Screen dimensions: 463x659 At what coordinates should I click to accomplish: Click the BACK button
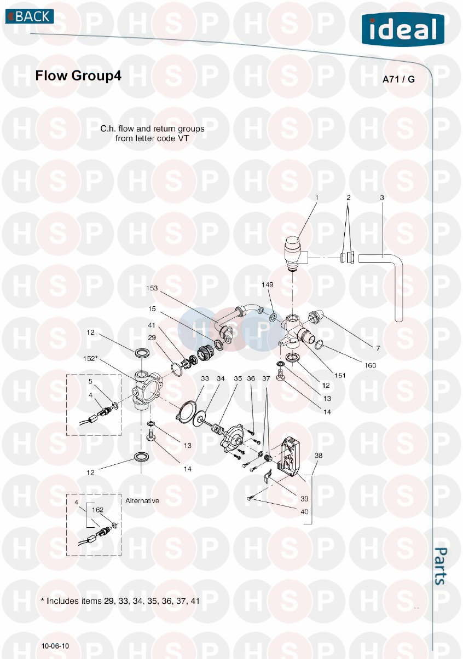point(30,16)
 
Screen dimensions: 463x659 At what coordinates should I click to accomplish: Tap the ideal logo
point(403,30)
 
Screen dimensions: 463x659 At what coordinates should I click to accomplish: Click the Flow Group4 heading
point(78,75)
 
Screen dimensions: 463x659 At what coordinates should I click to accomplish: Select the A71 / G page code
point(398,79)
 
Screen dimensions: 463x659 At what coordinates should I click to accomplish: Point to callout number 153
point(152,288)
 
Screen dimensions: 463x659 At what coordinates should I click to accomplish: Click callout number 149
point(268,284)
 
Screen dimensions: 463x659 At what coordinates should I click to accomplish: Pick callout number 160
point(370,365)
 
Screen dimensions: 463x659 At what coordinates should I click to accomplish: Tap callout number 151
point(340,375)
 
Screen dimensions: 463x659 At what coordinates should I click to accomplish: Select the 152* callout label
point(90,358)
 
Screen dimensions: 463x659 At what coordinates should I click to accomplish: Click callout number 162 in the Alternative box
point(97,510)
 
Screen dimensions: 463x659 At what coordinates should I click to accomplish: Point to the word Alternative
point(142,501)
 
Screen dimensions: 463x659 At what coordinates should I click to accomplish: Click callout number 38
point(319,456)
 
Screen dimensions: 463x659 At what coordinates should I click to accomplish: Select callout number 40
point(304,511)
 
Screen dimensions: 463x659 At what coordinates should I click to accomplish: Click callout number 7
point(378,348)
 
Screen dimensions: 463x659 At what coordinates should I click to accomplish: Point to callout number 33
point(205,378)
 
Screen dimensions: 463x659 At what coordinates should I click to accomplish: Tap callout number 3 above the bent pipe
point(382,198)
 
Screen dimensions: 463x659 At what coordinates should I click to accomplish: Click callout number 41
point(152,325)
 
